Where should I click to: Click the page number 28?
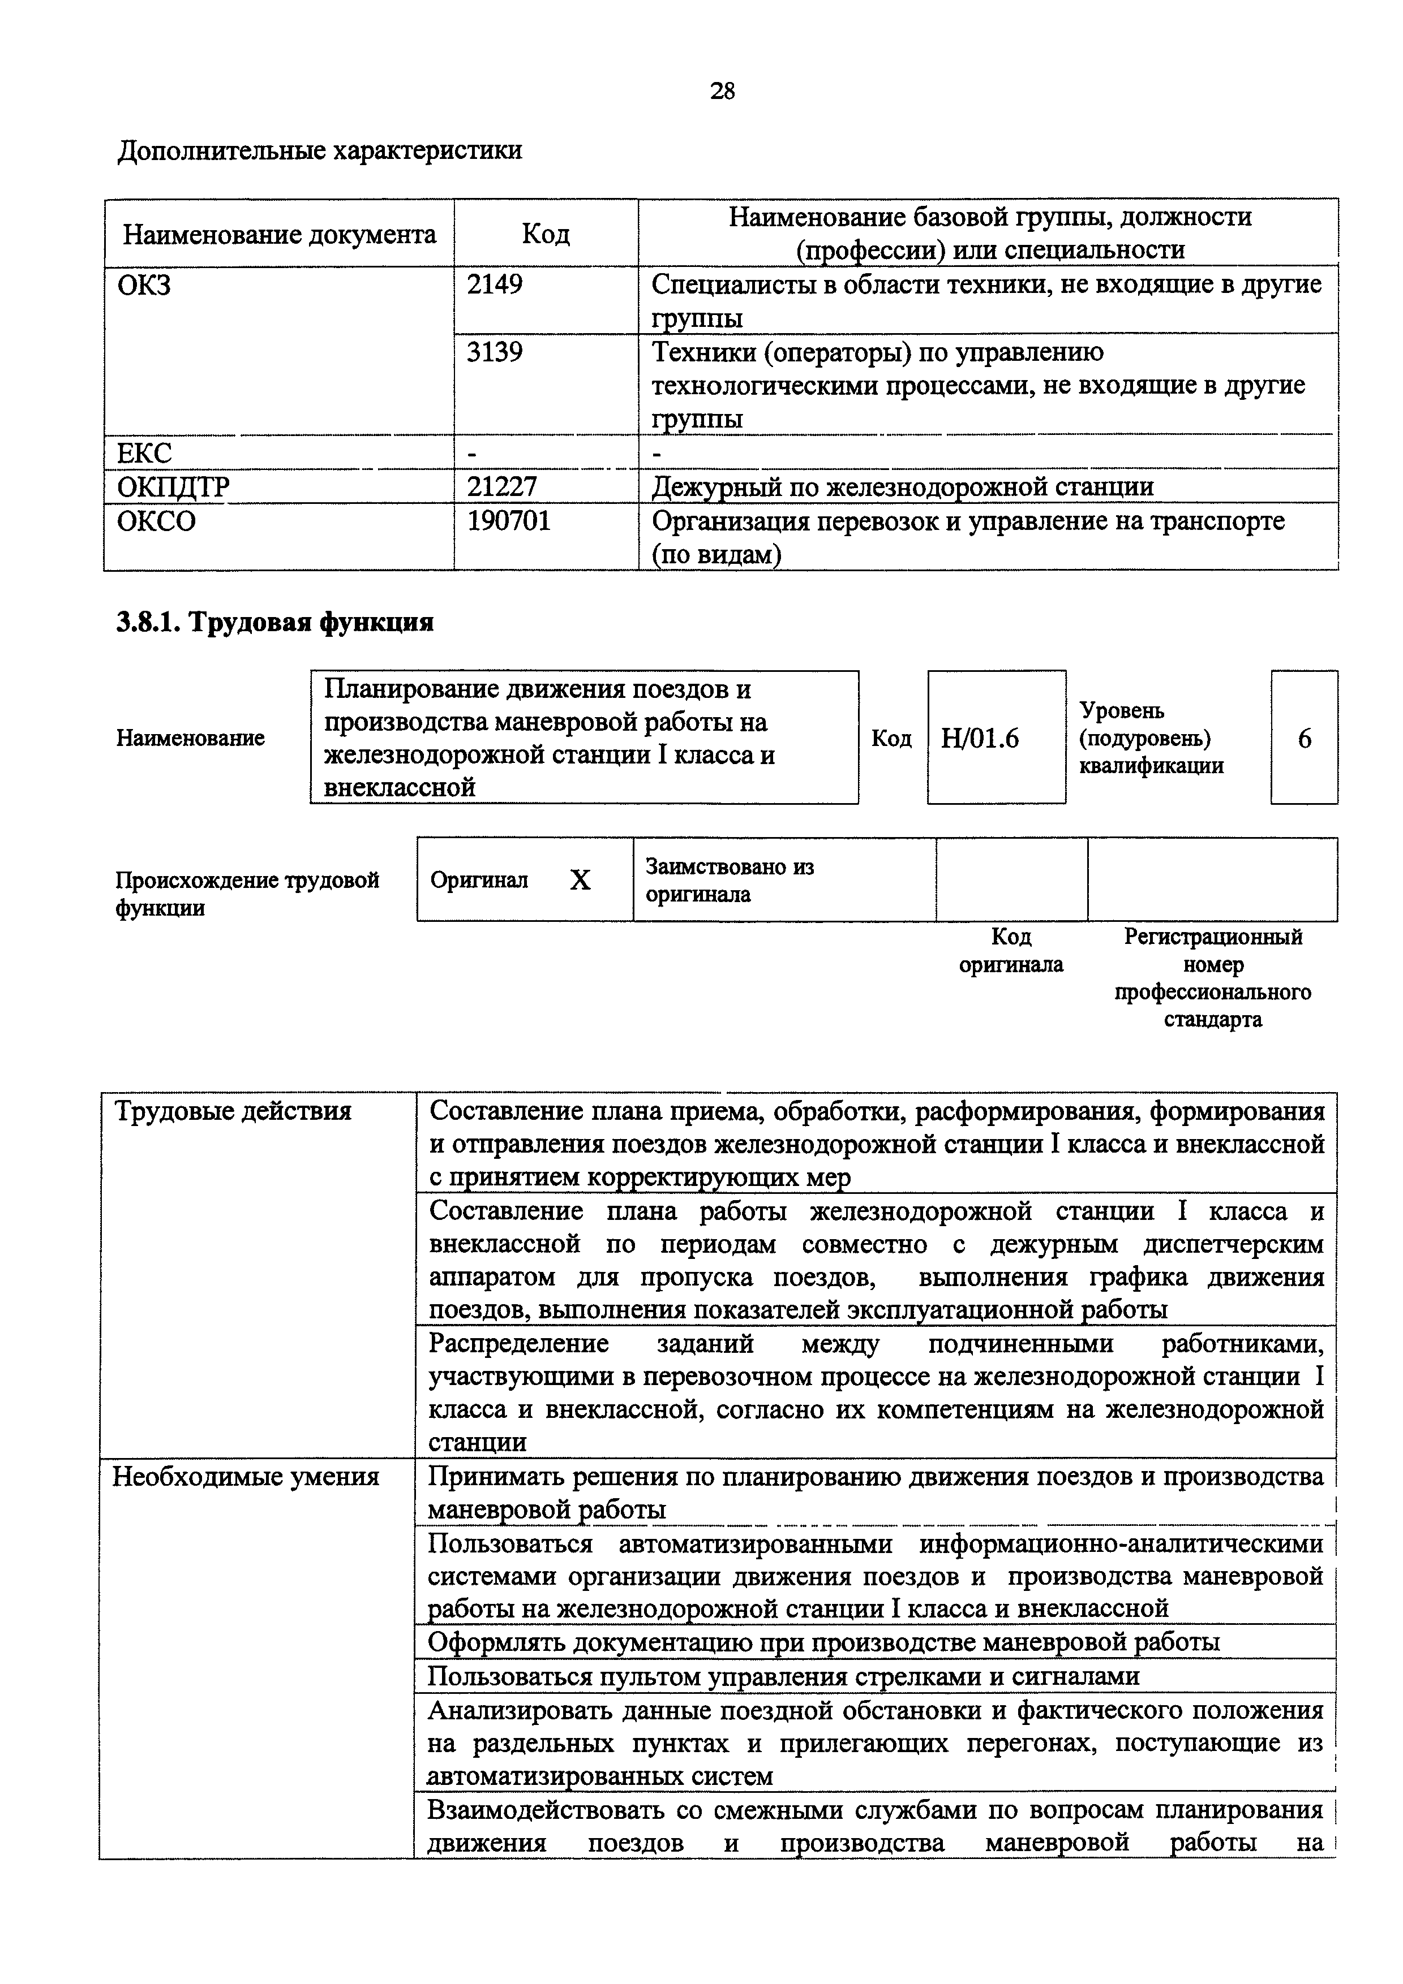722,90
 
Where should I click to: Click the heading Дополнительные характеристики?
320,151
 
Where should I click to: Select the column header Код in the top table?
546,234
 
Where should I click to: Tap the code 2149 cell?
495,284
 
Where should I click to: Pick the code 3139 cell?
495,352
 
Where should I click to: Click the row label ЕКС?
144,453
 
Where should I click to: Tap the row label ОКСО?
156,521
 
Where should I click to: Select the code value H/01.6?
980,738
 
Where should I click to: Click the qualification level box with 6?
1303,738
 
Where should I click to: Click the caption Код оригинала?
1011,951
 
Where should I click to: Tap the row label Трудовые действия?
233,1111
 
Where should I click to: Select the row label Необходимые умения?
246,1477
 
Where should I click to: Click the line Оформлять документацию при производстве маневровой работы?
824,1642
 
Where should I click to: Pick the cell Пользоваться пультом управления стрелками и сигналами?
784,1676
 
